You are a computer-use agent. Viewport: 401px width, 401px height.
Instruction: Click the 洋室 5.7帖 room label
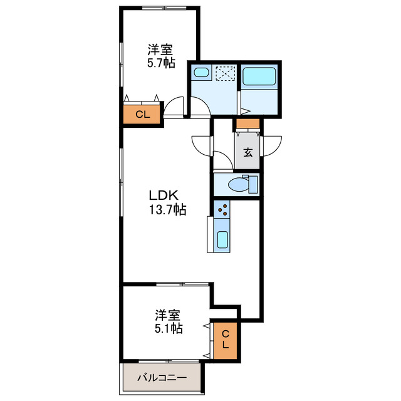(161, 55)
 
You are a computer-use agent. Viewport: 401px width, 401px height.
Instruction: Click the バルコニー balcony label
(162, 378)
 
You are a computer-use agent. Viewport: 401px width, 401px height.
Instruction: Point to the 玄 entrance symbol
(248, 152)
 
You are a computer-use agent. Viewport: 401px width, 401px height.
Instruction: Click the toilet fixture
(241, 185)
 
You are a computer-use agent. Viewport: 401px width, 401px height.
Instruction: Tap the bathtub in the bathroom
(259, 76)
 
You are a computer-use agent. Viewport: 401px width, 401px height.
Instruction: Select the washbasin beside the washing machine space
(201, 73)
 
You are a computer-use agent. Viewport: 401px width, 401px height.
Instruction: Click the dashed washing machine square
(224, 74)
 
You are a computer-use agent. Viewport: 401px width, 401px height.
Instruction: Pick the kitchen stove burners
(222, 211)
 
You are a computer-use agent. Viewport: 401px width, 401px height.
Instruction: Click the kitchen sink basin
(222, 240)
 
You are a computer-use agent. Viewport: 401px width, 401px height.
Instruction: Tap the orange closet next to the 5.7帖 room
(142, 114)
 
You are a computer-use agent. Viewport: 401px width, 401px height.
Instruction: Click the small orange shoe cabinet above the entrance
(247, 123)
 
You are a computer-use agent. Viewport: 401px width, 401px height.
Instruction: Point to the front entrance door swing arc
(271, 146)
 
